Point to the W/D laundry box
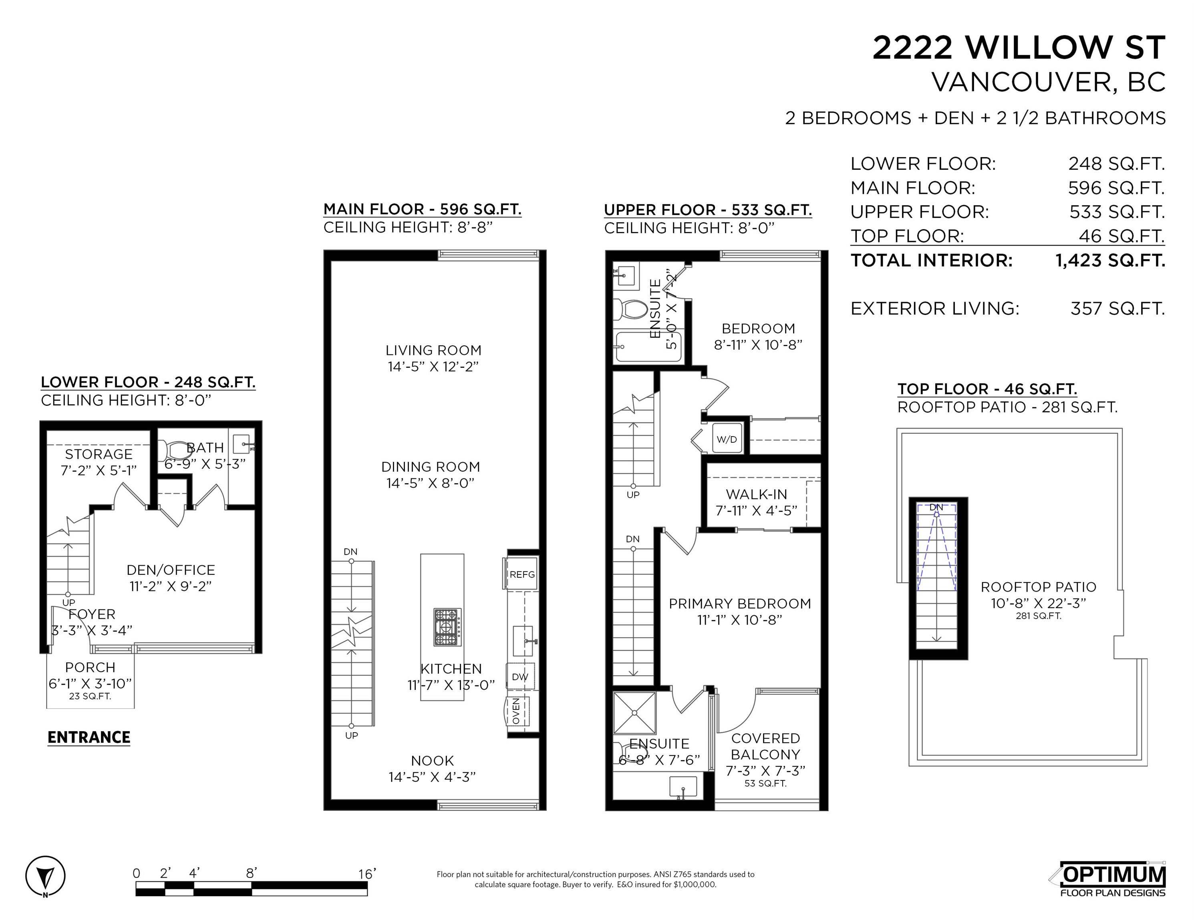pos(727,439)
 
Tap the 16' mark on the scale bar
pos(367,874)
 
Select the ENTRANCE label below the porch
pos(89,737)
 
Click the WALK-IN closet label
pos(757,494)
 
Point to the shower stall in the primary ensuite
pos(634,713)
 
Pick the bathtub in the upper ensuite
pos(648,347)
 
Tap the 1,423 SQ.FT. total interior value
pos(1110,260)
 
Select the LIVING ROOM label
pos(433,351)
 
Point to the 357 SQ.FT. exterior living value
pos(1117,308)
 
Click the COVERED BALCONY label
pos(765,746)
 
